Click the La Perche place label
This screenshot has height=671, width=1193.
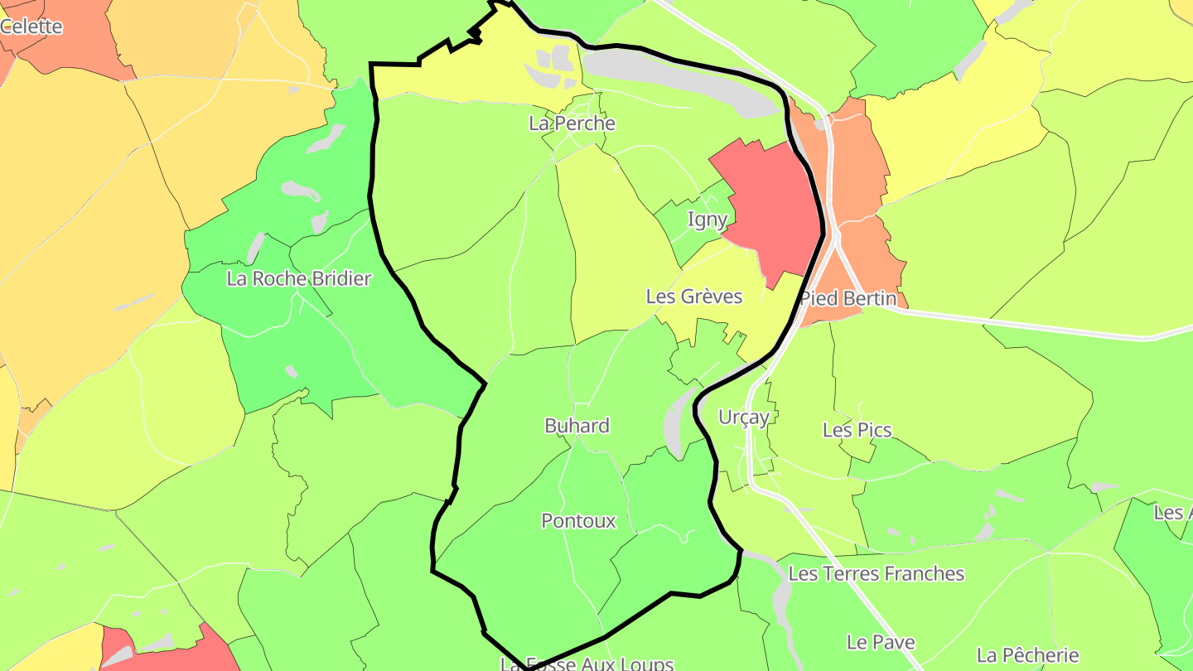click(572, 123)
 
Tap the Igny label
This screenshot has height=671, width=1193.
click(708, 220)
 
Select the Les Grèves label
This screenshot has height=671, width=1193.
click(693, 296)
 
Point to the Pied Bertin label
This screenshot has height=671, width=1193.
click(848, 298)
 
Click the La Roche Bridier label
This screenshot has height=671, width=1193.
click(298, 278)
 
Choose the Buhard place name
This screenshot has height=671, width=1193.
click(577, 426)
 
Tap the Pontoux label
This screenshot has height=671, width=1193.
click(578, 521)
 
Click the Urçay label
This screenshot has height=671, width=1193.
click(744, 417)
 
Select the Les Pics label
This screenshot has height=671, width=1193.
click(857, 430)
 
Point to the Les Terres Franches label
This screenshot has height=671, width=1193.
click(877, 573)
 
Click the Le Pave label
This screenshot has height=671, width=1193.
click(881, 642)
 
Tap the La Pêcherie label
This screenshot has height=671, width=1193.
click(1027, 655)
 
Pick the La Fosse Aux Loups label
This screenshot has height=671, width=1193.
click(587, 664)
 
